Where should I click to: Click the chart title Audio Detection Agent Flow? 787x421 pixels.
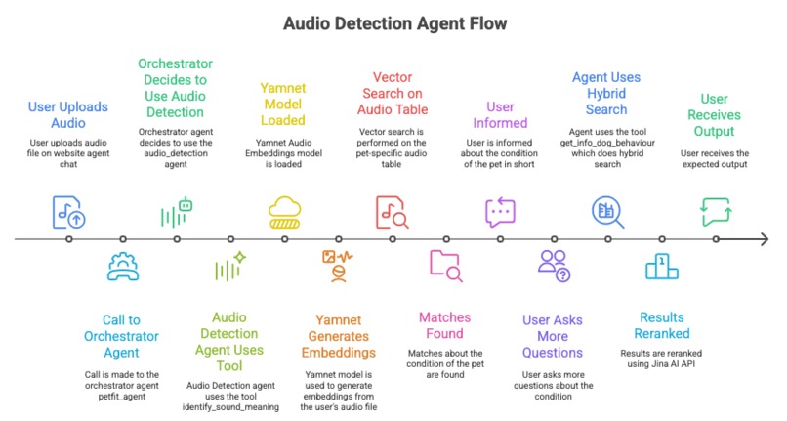tap(395, 23)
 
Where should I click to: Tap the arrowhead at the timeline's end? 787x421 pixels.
tap(764, 239)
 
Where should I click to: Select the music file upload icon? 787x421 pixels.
tap(68, 212)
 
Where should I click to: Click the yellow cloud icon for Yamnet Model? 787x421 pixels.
tap(284, 212)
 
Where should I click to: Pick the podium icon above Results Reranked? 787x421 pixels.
tap(661, 267)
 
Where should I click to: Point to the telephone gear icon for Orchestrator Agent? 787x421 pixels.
tap(123, 267)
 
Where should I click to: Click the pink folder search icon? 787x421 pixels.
tap(446, 266)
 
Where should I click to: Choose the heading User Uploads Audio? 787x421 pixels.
tap(68, 114)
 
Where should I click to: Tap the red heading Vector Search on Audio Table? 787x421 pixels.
tap(393, 94)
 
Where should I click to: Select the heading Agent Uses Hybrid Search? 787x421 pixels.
tap(606, 94)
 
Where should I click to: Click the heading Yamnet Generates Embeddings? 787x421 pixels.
tap(338, 336)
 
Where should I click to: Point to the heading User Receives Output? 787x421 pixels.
tap(714, 115)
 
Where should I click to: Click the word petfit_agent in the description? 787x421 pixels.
tap(122, 397)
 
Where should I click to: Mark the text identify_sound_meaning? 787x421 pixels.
tap(230, 407)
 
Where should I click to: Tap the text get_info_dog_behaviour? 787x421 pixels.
tap(607, 143)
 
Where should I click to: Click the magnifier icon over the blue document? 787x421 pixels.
tap(607, 212)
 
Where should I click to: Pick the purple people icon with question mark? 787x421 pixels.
tap(554, 266)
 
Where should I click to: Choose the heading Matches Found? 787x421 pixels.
tap(444, 325)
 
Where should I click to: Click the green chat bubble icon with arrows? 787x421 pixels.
tap(717, 212)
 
